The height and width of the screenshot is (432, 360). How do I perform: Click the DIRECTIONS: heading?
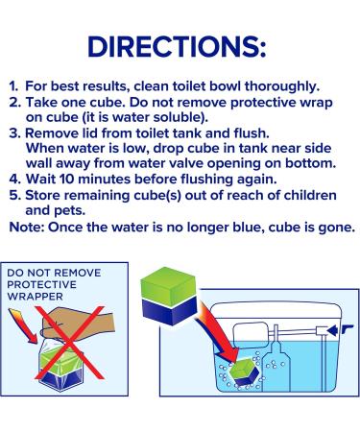tap(177, 47)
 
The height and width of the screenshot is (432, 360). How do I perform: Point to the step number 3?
tap(14, 133)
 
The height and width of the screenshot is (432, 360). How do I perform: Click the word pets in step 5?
tap(71, 211)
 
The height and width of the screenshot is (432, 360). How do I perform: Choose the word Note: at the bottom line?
tap(27, 228)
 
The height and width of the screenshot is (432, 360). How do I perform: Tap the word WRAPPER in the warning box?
tap(35, 297)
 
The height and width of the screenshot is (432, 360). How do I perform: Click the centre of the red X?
tap(70, 343)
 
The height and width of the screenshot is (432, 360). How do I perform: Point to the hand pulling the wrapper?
tap(78, 324)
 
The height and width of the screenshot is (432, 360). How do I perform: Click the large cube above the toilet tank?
tap(168, 296)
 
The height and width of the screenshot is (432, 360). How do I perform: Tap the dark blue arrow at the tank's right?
tap(341, 330)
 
